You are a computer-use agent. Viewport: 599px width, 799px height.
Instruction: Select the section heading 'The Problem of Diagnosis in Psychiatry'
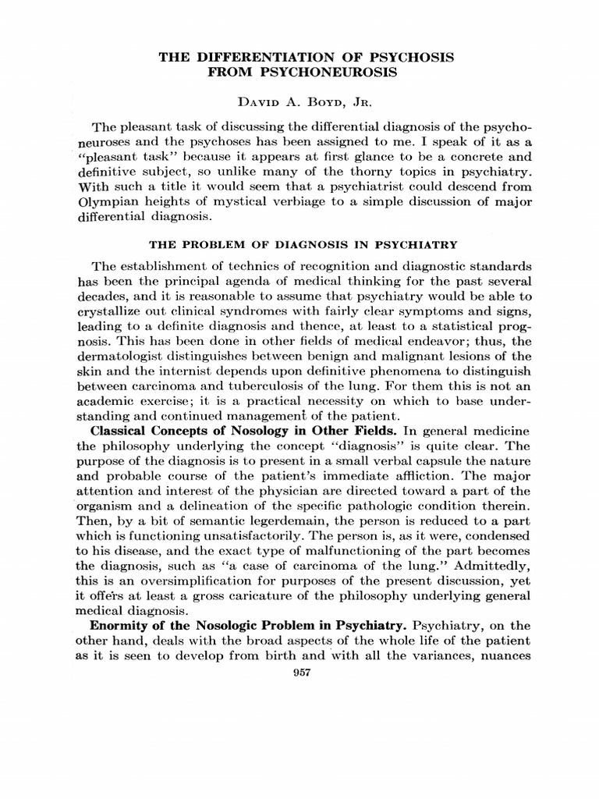coord(299,243)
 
